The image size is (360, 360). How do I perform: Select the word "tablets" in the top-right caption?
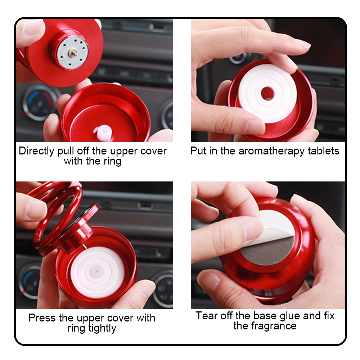323,151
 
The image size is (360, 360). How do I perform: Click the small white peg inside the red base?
101,132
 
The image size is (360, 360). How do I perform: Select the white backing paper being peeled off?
273,227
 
